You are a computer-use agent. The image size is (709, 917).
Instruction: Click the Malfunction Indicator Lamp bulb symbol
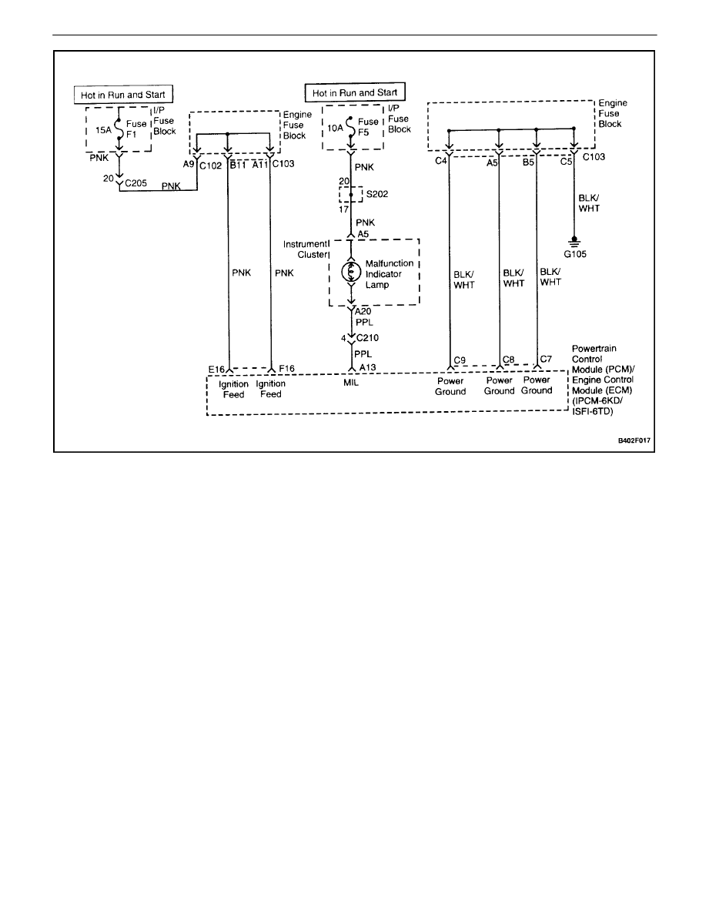tap(351, 272)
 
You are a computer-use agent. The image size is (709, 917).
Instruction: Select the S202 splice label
tap(376, 196)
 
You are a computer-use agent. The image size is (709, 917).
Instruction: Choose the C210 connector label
tap(369, 336)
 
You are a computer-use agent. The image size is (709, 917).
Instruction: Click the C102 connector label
tap(211, 163)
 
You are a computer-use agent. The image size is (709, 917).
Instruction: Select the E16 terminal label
tap(216, 370)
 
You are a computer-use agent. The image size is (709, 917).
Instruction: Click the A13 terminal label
tap(366, 368)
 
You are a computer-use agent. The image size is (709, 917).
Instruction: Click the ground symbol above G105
tap(574, 239)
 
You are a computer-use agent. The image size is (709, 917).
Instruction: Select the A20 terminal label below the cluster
tap(365, 311)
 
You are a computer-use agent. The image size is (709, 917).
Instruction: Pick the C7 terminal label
tap(546, 360)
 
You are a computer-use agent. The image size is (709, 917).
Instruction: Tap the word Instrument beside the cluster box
tap(305, 243)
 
